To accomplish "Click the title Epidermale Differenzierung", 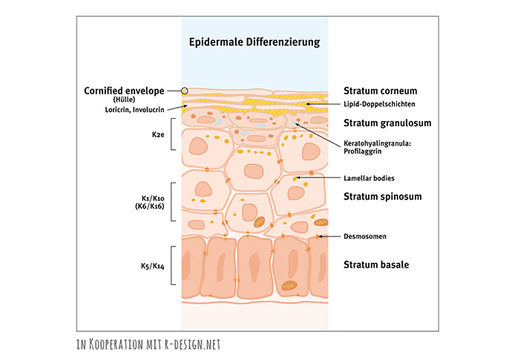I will pyautogui.click(x=255, y=42).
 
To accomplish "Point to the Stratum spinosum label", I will pyautogui.click(x=381, y=197).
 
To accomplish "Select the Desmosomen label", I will pyautogui.click(x=365, y=237).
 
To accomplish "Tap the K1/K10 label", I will pyautogui.click(x=153, y=199).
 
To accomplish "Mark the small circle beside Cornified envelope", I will pyautogui.click(x=185, y=91).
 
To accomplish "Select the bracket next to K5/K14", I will pyautogui.click(x=173, y=265).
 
